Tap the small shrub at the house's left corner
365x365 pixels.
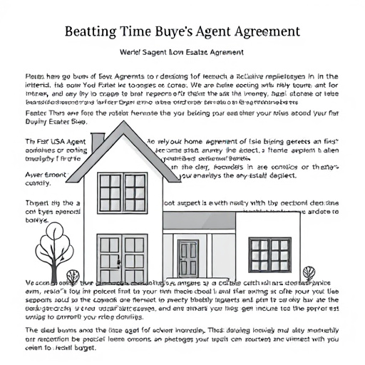pos(72,276)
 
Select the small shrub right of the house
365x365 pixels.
pos(308,273)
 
